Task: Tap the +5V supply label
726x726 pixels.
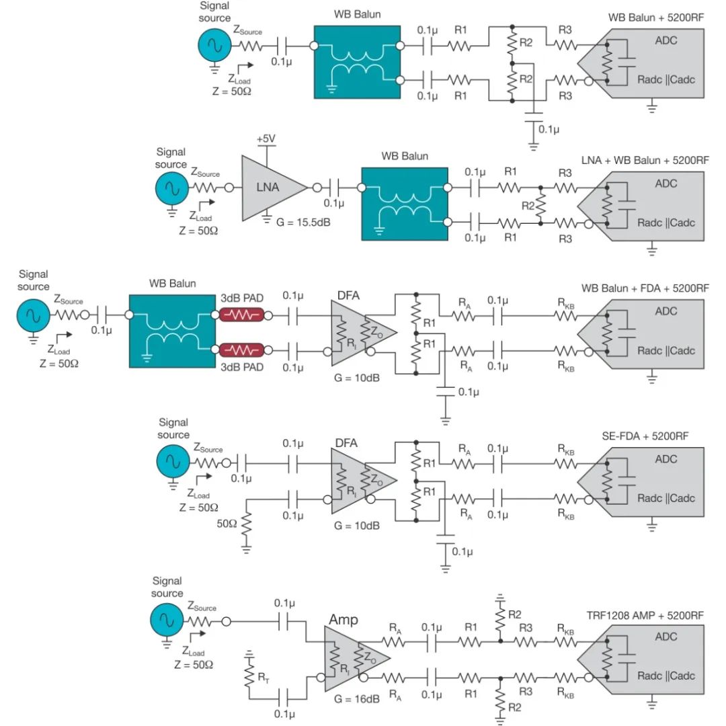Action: coord(267,139)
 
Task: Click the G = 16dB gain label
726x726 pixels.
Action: coord(356,698)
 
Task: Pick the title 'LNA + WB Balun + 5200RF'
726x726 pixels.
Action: coord(645,161)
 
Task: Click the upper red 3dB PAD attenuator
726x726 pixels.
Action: coord(242,314)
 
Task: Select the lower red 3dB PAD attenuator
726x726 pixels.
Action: coord(242,350)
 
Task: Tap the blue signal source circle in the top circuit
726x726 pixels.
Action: coord(215,46)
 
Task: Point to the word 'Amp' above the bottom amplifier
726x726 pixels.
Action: coord(343,620)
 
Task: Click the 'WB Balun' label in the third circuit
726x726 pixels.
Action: coord(173,283)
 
